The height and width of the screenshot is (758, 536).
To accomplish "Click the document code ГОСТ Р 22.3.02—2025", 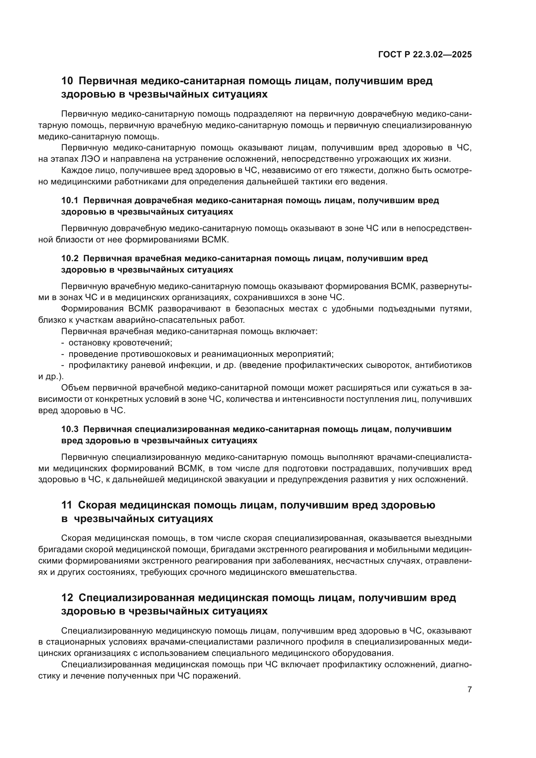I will (425, 55).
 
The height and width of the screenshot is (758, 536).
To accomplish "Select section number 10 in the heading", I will (67, 81).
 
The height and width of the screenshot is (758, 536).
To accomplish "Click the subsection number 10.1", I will (70, 200).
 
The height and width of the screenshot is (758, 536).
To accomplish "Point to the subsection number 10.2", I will (70, 259).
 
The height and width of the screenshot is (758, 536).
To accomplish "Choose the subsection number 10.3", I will (70, 429).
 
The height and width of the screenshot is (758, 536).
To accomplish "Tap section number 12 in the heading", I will (67, 598).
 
